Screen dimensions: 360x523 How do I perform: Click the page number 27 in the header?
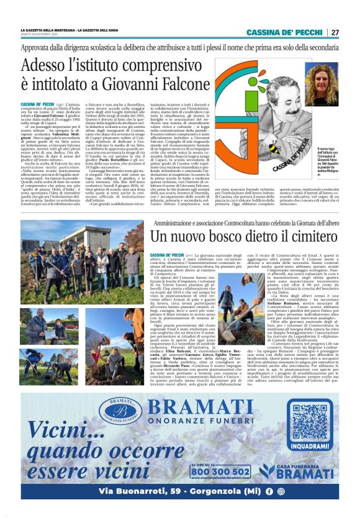pyautogui.click(x=334, y=32)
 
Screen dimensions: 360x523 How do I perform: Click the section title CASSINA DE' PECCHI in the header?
pyautogui.click(x=285, y=32)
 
